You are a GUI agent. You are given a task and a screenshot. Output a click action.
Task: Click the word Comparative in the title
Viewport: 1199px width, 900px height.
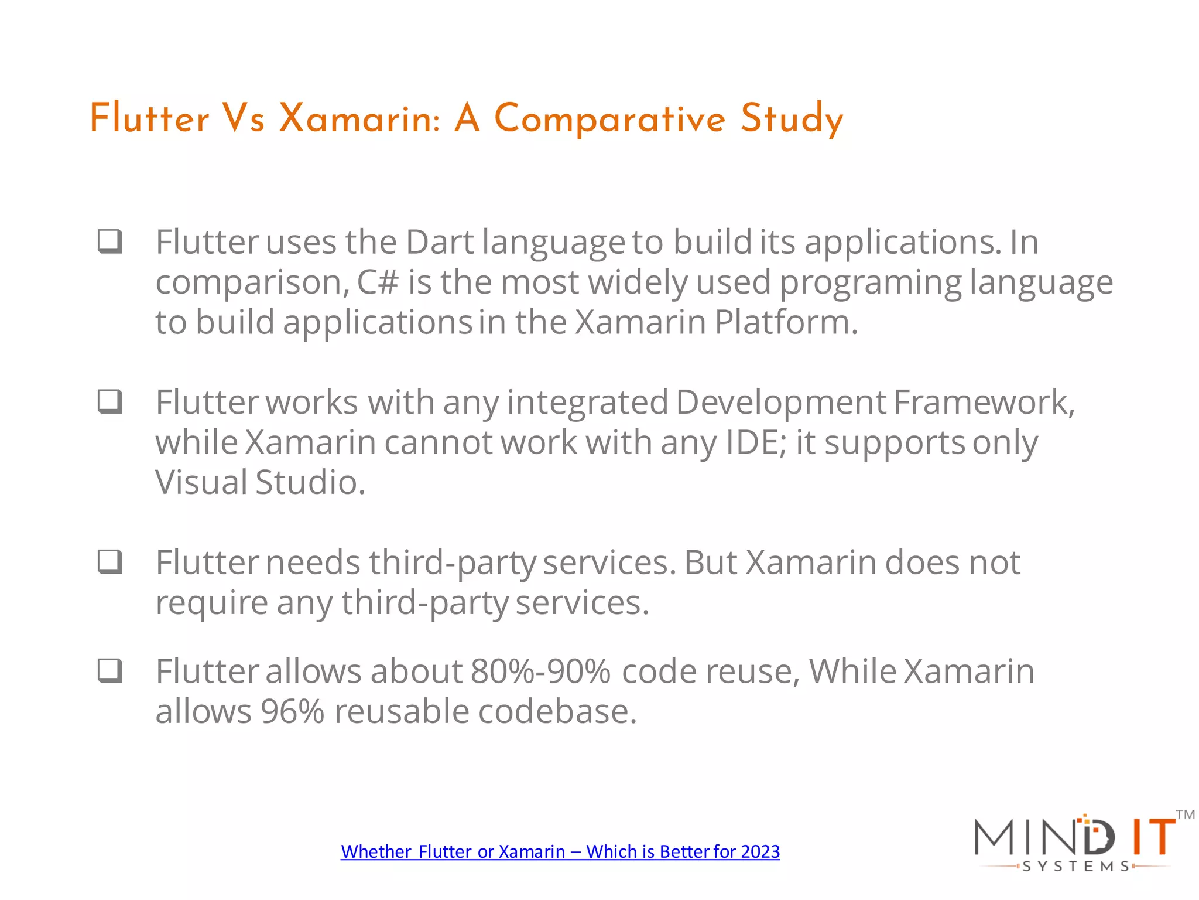tap(609, 119)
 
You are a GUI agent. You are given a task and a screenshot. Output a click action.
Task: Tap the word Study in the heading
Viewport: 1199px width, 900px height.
tap(792, 119)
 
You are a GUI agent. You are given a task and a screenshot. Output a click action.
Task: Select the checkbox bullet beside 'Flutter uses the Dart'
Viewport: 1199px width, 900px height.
tap(110, 241)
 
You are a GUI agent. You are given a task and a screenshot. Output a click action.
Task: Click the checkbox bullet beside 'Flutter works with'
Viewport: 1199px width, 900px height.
tap(110, 401)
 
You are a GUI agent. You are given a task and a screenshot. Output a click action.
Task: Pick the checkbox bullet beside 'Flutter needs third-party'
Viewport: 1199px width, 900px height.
tap(110, 561)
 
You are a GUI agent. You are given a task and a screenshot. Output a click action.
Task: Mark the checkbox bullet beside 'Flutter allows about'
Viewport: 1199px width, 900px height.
tap(110, 670)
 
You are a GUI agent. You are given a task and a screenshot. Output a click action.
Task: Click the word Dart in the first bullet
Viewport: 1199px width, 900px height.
tap(440, 242)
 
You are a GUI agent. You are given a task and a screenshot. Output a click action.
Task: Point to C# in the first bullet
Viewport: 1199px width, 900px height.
tap(378, 282)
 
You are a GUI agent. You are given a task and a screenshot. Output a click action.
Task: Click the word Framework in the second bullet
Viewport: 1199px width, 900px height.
tap(984, 403)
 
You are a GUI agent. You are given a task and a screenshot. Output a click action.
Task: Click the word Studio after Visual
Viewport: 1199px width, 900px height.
tap(310, 483)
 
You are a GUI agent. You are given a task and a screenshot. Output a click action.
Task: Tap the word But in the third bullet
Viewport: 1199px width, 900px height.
tap(710, 562)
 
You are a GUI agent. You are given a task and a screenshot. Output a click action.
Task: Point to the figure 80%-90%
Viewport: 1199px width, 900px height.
tap(540, 671)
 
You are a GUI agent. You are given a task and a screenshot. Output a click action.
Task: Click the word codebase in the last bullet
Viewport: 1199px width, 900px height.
tap(557, 712)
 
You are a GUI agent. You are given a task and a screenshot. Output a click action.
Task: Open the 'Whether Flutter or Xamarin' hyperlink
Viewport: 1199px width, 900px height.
tap(560, 851)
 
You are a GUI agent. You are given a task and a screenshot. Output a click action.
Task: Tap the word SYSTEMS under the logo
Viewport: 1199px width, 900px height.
tap(1075, 867)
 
